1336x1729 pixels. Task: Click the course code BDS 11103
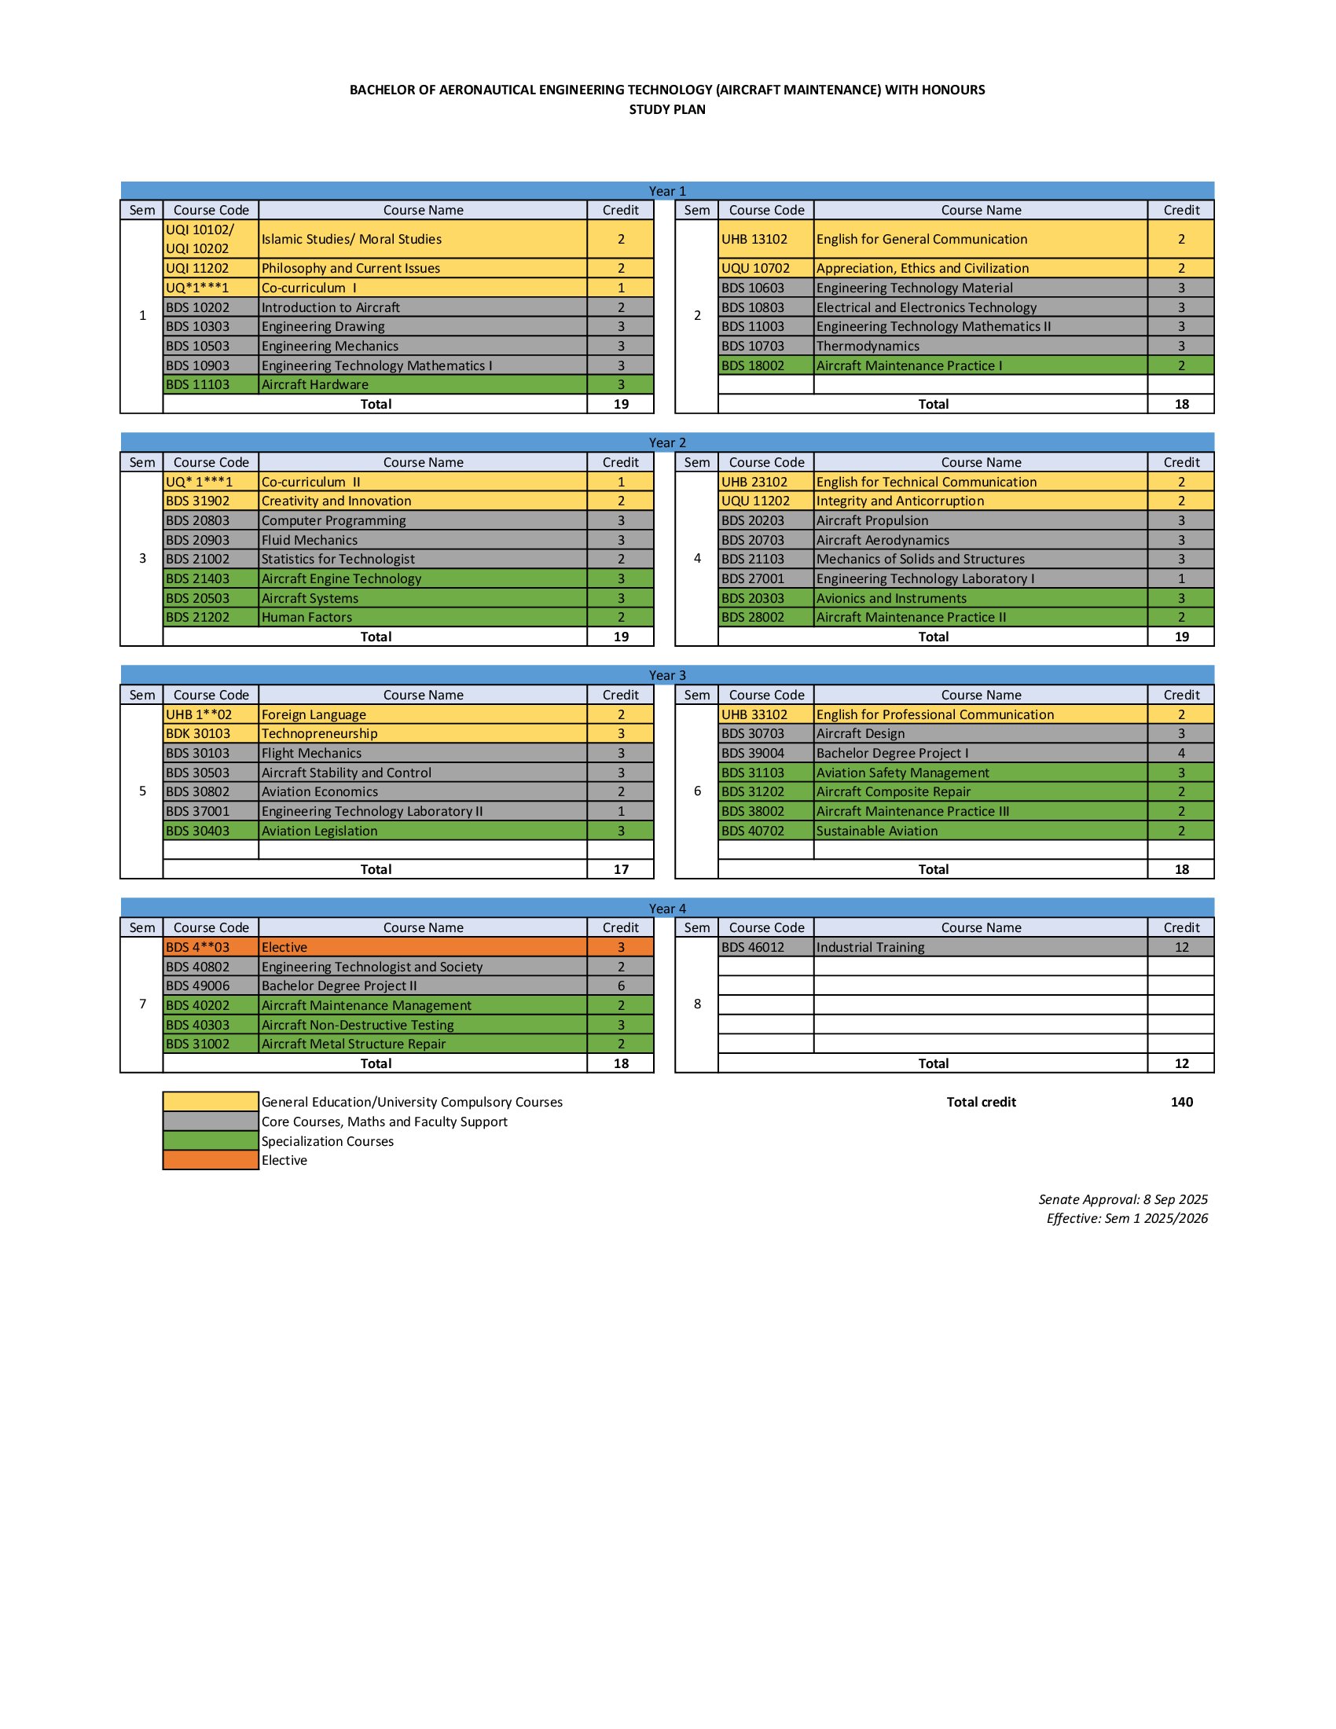(x=197, y=385)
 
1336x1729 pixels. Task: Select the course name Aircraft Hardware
(x=315, y=385)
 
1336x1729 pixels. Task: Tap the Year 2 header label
(x=667, y=442)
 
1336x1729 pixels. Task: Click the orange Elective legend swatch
(x=211, y=1161)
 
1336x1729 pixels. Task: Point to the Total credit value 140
(x=1181, y=1102)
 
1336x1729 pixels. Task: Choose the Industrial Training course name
(x=870, y=948)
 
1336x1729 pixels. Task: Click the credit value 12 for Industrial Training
(x=1181, y=948)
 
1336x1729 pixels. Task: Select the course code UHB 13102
(x=754, y=239)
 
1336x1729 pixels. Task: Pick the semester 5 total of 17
(x=622, y=869)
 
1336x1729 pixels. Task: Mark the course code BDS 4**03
(x=197, y=948)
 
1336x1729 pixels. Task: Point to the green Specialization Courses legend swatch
(x=211, y=1141)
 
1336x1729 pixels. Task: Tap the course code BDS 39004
(x=753, y=754)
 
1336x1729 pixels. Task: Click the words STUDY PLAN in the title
(x=667, y=109)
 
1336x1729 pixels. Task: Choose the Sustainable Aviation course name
(x=877, y=831)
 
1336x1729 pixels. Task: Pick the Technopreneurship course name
(x=319, y=734)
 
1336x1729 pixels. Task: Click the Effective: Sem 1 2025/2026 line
(x=1126, y=1218)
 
